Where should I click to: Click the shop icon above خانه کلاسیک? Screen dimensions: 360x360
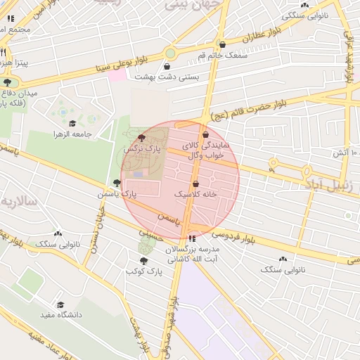[195, 184]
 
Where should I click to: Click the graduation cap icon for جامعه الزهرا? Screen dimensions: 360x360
[72, 123]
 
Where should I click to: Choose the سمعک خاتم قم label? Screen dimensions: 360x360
[222, 55]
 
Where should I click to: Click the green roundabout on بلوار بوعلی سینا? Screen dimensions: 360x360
[170, 53]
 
